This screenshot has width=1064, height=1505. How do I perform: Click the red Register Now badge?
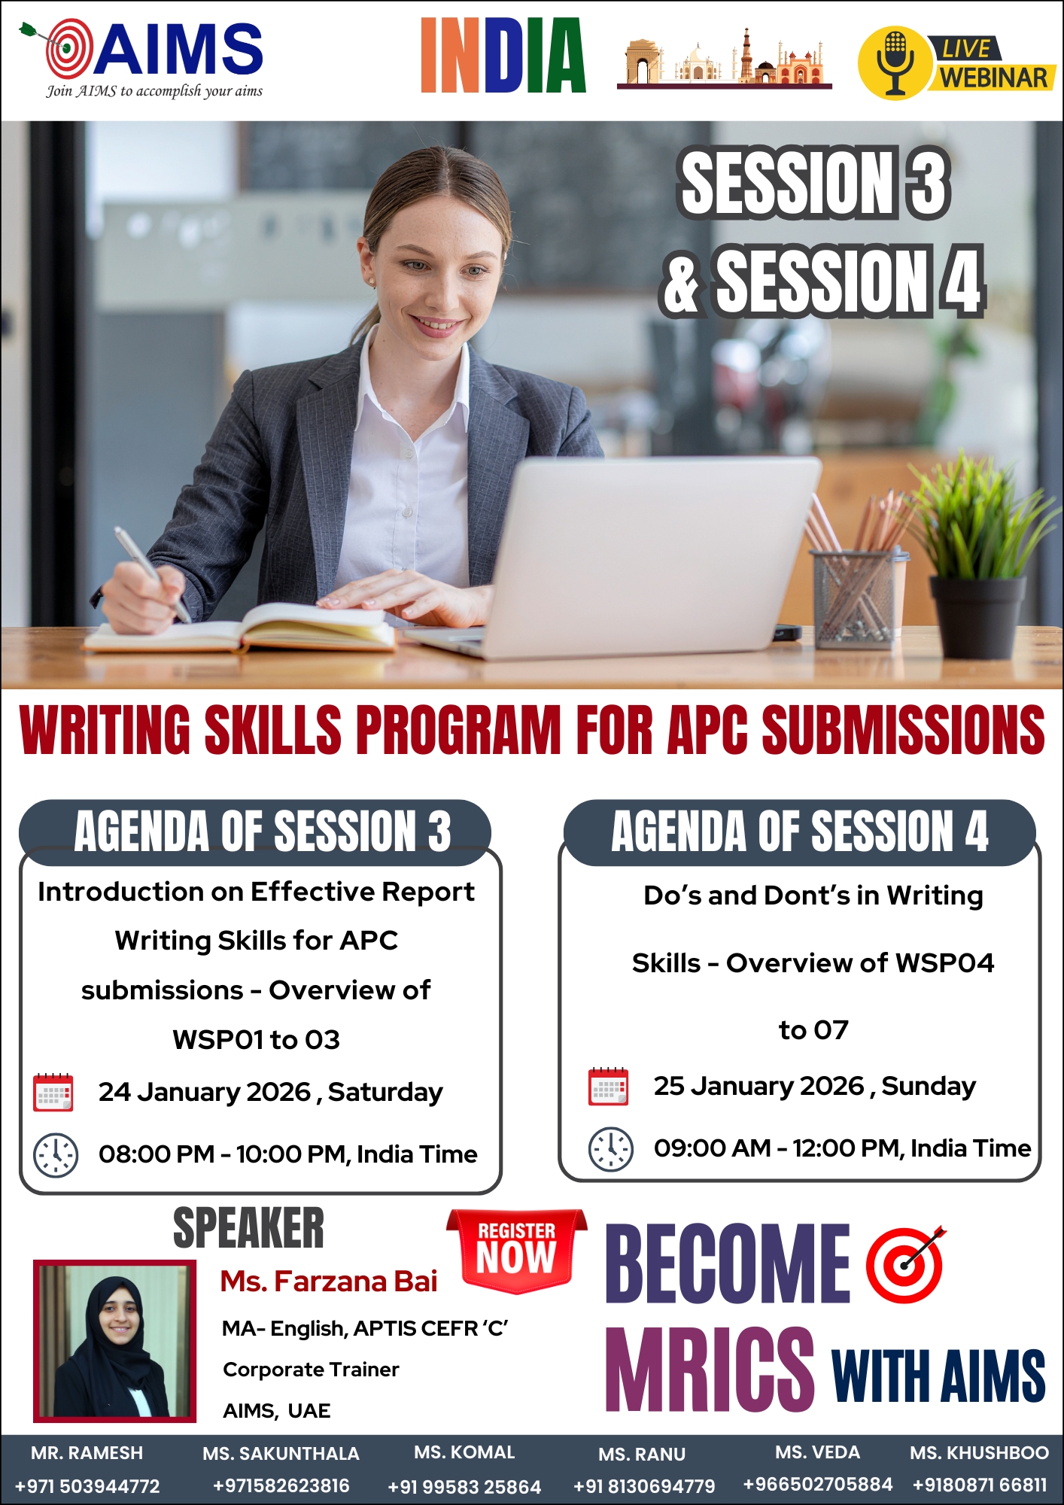(516, 1251)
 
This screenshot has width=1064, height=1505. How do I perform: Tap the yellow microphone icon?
(895, 63)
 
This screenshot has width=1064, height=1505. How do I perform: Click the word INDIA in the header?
(503, 56)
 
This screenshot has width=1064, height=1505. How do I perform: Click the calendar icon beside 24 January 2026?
(53, 1093)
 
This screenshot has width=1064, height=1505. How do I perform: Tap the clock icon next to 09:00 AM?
(610, 1149)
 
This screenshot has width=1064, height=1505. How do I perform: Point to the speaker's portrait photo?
(114, 1341)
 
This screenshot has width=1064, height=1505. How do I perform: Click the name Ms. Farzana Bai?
(329, 1281)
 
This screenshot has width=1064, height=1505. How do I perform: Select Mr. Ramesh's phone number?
(87, 1486)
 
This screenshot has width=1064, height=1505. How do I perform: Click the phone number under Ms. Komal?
(464, 1487)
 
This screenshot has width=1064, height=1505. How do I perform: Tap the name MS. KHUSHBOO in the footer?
(979, 1452)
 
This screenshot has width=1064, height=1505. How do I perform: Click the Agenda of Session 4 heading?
(800, 832)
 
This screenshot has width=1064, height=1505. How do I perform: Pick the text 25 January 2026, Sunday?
(814, 1087)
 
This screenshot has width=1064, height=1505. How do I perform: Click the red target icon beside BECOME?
(905, 1264)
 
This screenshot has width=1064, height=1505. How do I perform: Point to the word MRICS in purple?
(710, 1369)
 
